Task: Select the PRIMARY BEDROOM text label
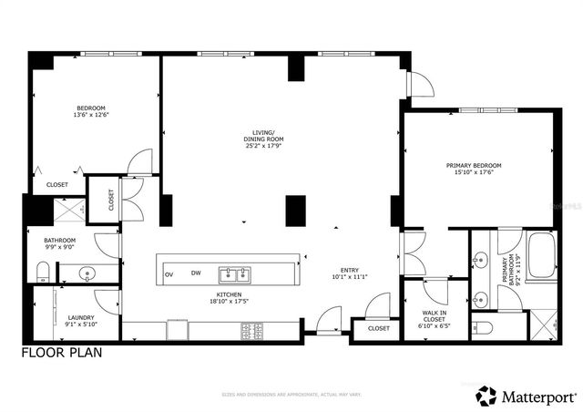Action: (x=474, y=165)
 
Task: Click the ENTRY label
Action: (x=350, y=270)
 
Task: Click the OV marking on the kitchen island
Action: (x=169, y=273)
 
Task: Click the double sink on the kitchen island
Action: (x=235, y=273)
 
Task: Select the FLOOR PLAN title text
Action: (x=62, y=351)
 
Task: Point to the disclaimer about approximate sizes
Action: (x=291, y=394)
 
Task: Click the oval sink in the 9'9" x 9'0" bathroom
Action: (x=87, y=272)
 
